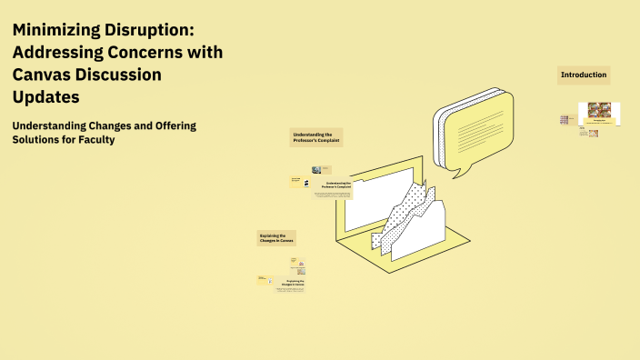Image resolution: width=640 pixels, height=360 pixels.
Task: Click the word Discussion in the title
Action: point(115,75)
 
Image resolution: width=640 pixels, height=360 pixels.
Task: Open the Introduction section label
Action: point(583,75)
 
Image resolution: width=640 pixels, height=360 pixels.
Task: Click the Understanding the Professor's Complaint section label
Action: point(315,137)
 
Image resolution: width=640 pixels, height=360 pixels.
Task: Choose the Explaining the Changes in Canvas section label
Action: point(276,238)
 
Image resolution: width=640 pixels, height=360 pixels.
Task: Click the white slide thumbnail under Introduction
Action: point(599,114)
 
